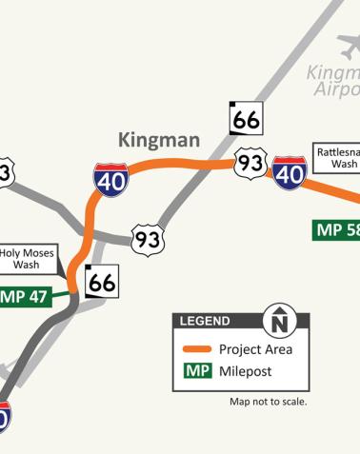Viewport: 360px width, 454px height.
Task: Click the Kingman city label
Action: tap(159, 141)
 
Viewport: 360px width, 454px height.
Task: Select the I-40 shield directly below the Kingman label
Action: tap(111, 179)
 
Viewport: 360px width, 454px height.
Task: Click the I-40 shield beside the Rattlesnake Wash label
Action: tap(289, 171)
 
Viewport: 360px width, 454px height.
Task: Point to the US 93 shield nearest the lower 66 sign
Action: tap(148, 240)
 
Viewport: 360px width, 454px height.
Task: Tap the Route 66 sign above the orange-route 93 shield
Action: tap(245, 118)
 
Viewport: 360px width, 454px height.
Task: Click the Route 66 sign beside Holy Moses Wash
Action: tap(102, 280)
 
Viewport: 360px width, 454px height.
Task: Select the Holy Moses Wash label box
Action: tap(29, 259)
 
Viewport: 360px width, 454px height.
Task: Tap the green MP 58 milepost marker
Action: tap(337, 229)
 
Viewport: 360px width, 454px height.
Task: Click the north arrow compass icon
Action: tap(278, 321)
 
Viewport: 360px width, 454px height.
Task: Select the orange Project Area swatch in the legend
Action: tap(197, 349)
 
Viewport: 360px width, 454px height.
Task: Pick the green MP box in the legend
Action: tap(197, 371)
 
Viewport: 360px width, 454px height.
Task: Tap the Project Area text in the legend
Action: tap(255, 349)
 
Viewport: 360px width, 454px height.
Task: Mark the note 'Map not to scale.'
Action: tap(268, 401)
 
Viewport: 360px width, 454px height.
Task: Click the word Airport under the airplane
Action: tap(337, 89)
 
